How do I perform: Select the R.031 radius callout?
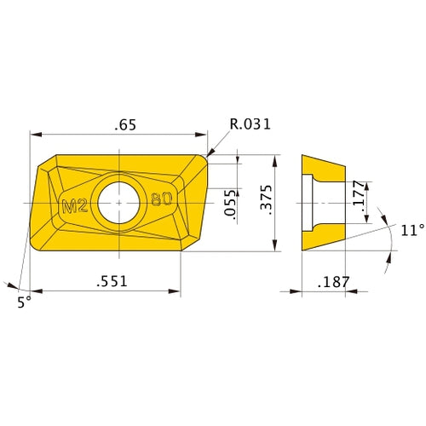(250, 124)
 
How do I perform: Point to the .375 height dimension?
(266, 204)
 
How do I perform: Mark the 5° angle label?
(23, 301)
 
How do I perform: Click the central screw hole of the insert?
(118, 203)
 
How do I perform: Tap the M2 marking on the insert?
(77, 204)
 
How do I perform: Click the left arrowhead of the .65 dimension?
(35, 135)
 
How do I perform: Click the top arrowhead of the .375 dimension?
(275, 158)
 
